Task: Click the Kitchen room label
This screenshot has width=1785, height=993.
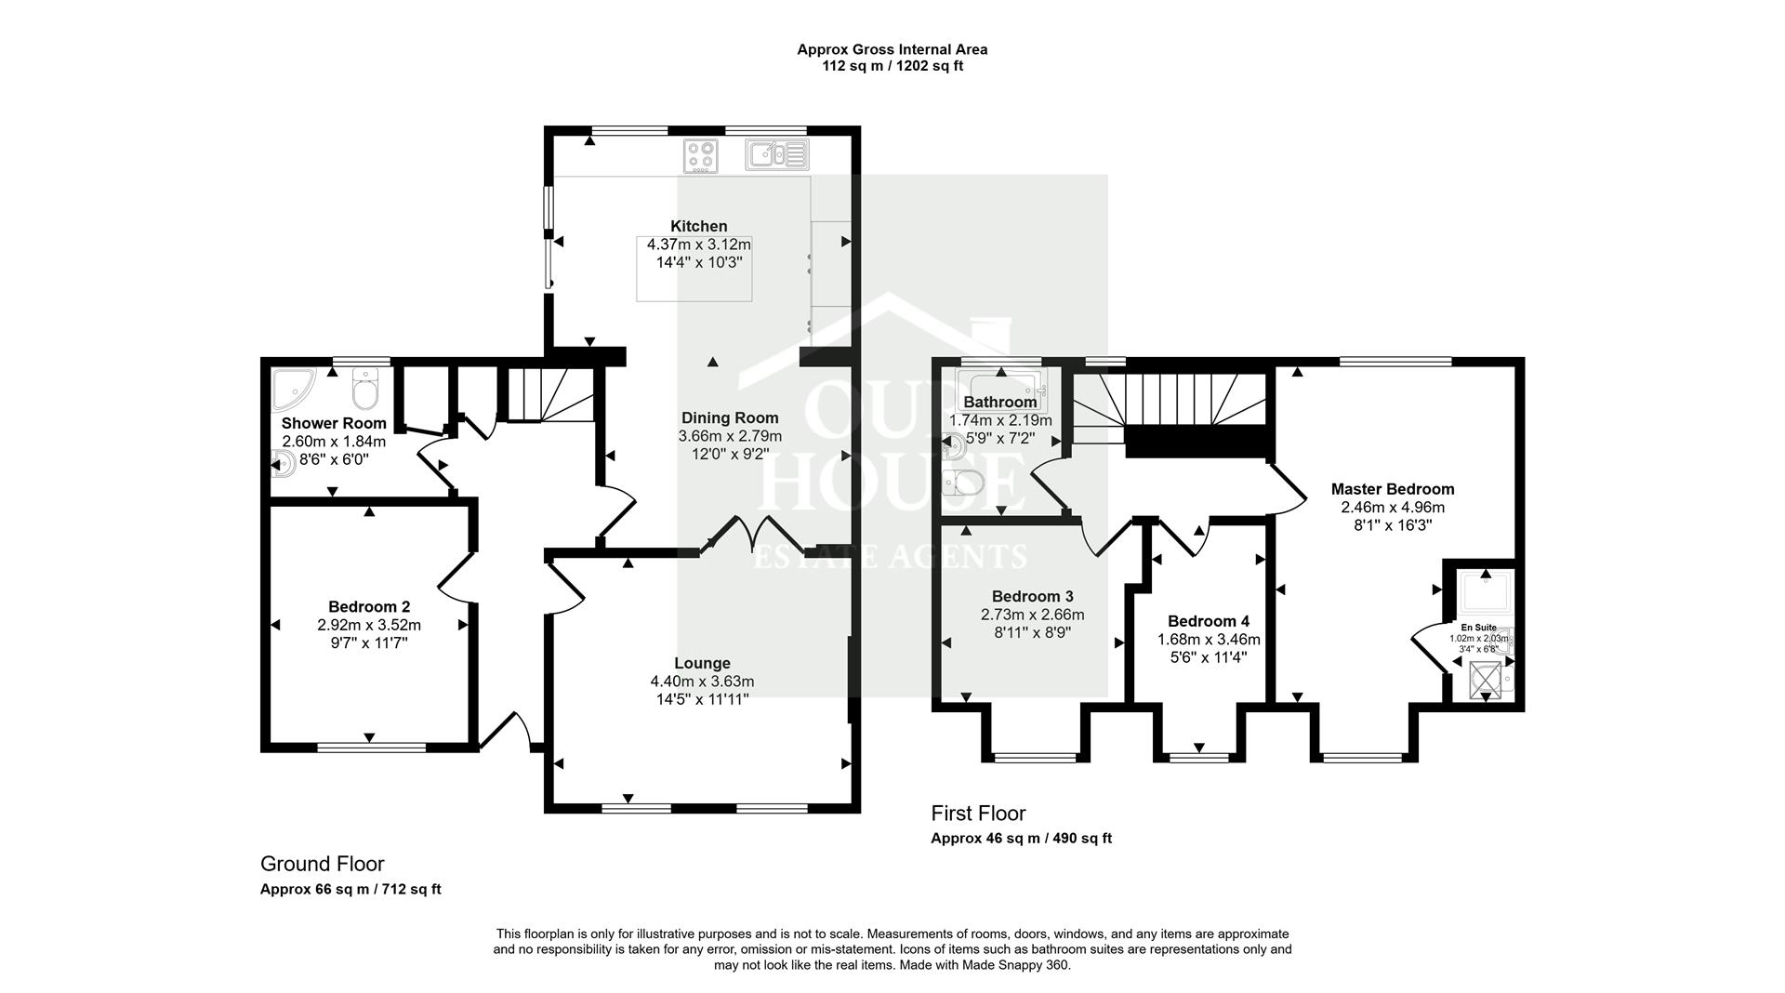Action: coord(699,226)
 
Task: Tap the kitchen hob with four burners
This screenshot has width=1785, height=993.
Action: coord(699,155)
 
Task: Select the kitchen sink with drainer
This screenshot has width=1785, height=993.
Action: coord(777,154)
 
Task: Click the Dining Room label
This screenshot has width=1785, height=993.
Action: coord(730,417)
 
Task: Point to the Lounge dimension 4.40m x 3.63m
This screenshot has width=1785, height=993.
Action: coord(702,682)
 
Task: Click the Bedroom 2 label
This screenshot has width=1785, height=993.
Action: coord(369,606)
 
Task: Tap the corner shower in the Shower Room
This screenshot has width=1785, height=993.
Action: coord(292,389)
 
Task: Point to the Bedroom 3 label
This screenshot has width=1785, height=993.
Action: coord(1032,596)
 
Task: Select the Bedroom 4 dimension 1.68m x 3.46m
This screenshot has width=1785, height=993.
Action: coord(1209,640)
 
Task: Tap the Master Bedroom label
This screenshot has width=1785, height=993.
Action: coord(1392,489)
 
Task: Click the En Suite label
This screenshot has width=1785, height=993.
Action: coord(1478,628)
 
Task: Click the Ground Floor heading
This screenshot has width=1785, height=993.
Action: coord(322,864)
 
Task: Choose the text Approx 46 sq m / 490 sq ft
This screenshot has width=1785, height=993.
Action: coord(1021,838)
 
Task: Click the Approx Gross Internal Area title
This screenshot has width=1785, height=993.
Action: coord(892,49)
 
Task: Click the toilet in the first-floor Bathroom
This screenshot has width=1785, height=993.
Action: coord(963,483)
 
